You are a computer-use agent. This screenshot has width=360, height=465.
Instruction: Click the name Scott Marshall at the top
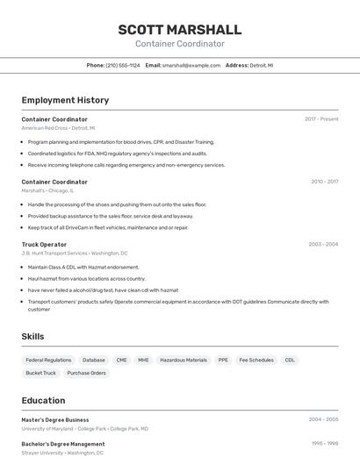(180, 30)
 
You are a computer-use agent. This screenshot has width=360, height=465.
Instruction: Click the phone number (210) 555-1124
(123, 65)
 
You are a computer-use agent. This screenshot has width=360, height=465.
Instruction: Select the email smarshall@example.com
(191, 65)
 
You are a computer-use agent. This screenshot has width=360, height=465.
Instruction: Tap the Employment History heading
(65, 100)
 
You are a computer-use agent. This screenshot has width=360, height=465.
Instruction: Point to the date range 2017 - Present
(321, 119)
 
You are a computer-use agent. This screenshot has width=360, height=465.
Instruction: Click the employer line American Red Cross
(58, 128)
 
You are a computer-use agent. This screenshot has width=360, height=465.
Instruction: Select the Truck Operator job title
(44, 244)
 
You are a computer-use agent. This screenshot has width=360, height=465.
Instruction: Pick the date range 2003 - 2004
(323, 244)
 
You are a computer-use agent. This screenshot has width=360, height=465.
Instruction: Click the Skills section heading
(32, 336)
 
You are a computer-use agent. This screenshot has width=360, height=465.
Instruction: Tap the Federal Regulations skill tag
(48, 360)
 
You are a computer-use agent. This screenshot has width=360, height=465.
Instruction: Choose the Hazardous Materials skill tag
(184, 360)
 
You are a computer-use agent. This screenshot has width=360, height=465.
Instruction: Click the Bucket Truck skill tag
(40, 373)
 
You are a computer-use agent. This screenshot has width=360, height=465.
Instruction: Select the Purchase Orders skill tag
(86, 373)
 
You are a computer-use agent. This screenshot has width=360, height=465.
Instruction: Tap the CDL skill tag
(290, 360)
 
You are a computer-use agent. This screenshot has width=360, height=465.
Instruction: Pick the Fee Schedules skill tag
(256, 360)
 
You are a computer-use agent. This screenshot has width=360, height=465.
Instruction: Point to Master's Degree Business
(55, 419)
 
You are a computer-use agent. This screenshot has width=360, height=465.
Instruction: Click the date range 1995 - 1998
(325, 444)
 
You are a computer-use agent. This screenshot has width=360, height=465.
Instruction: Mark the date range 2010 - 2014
(324, 182)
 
